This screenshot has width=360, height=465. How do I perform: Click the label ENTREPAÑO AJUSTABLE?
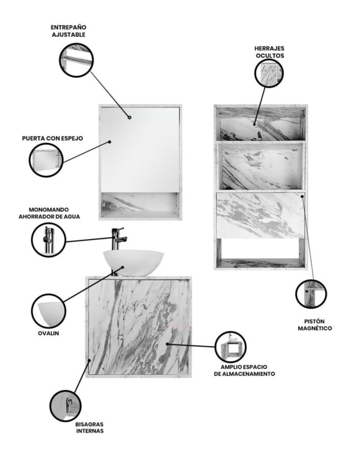point(68,31)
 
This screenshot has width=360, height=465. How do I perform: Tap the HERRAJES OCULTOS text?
point(270,52)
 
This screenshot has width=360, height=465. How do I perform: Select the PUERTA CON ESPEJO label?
point(53,138)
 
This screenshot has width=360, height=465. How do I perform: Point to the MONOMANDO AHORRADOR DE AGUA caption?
point(49,213)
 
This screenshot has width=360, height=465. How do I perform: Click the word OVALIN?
point(48,333)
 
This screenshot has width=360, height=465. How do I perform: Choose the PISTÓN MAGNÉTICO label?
point(314,325)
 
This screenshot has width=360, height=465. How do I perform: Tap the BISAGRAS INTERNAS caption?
point(90,428)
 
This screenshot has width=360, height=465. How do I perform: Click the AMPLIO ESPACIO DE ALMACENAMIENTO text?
point(244,371)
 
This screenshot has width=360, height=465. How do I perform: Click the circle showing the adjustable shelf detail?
point(76,60)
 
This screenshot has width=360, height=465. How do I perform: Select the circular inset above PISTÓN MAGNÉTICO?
point(311,294)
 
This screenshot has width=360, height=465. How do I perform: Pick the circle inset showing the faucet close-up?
point(49,239)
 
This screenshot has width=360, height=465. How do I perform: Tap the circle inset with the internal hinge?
point(65,405)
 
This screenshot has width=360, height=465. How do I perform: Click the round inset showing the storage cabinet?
point(230,347)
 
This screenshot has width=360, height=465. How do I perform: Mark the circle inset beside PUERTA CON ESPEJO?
point(46,160)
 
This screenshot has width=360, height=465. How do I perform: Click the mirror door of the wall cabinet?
point(140,150)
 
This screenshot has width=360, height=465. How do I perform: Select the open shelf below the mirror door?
point(140,205)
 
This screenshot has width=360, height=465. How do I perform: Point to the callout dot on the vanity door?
point(167,344)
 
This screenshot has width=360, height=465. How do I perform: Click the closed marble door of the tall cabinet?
point(260,215)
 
